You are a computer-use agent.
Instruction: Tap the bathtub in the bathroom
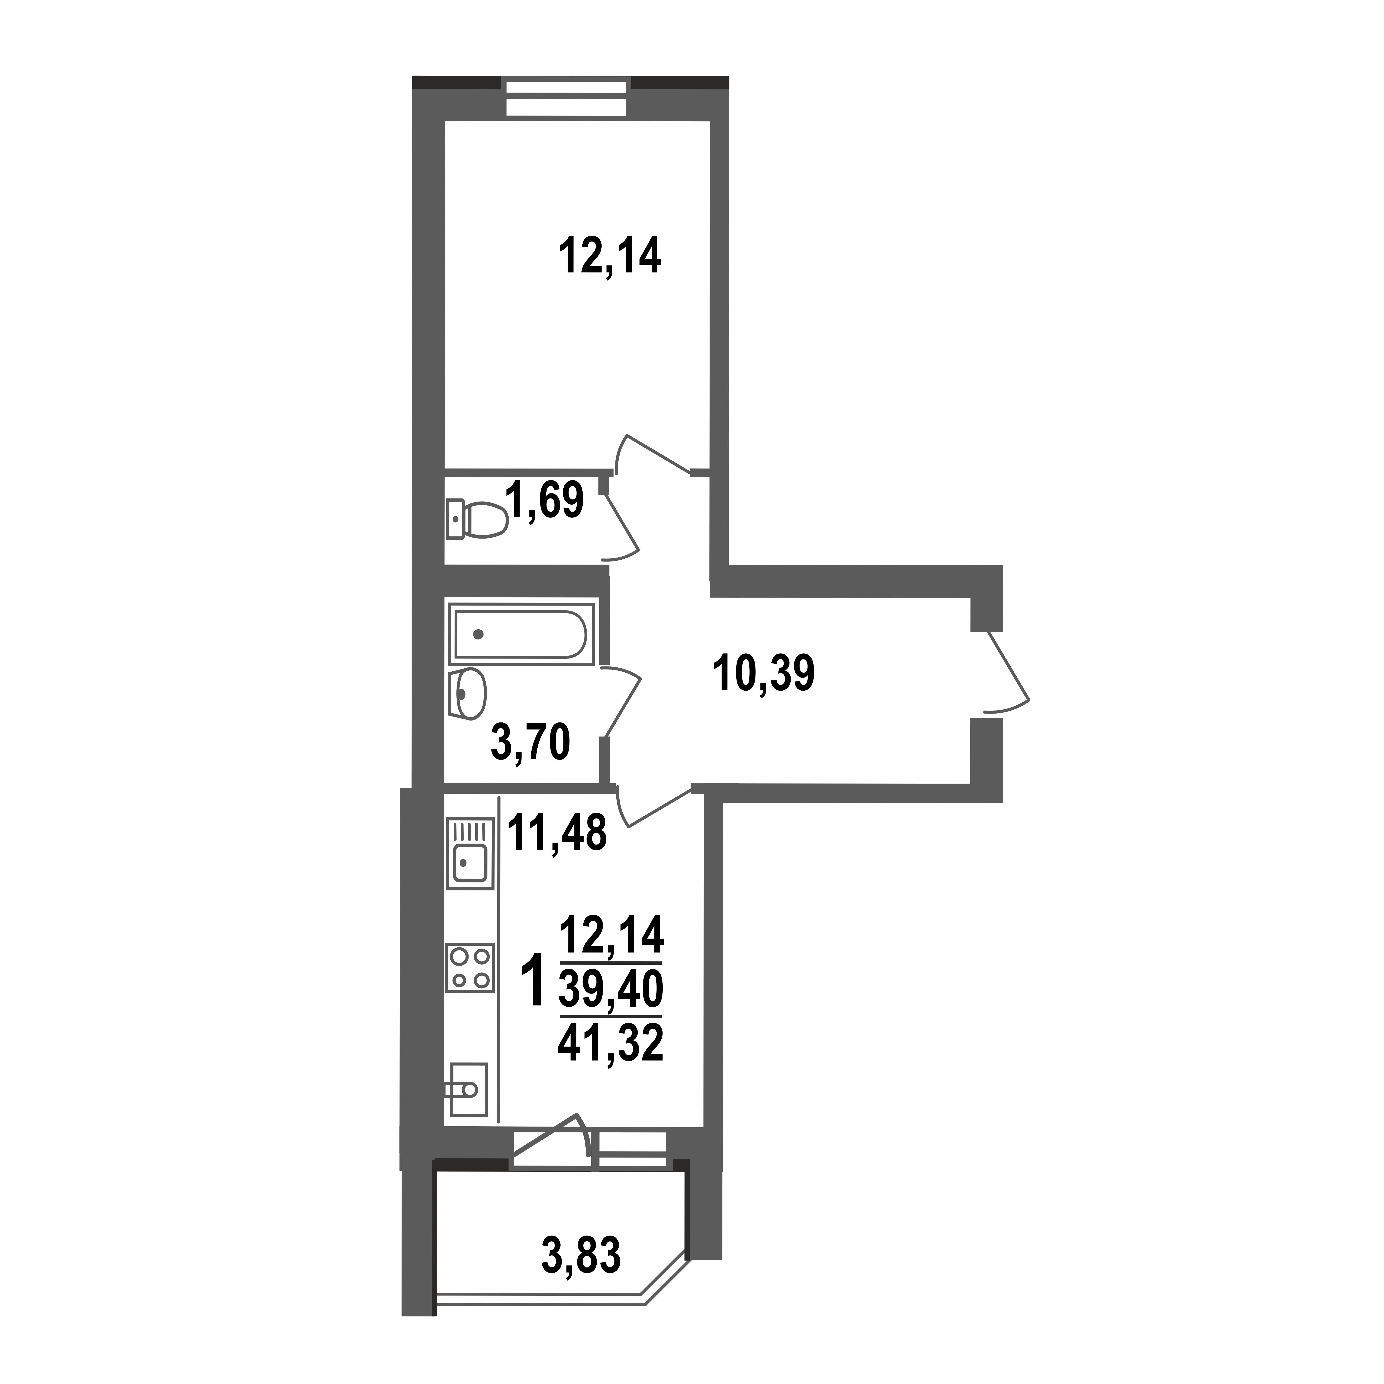coord(521,634)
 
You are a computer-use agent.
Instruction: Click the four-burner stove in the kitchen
coord(470,967)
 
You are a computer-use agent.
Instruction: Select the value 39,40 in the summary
coord(610,990)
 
